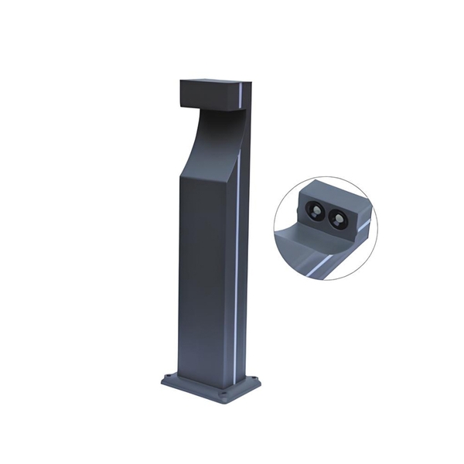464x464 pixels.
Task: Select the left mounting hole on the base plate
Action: pyautogui.click(x=169, y=378)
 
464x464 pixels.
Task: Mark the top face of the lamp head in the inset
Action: pyautogui.click(x=333, y=193)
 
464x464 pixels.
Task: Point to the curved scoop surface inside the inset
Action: pyautogui.click(x=302, y=240)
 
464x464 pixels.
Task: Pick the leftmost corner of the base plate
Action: pyautogui.click(x=162, y=380)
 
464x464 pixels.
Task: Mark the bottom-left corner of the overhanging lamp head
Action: pyautogui.click(x=181, y=105)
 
